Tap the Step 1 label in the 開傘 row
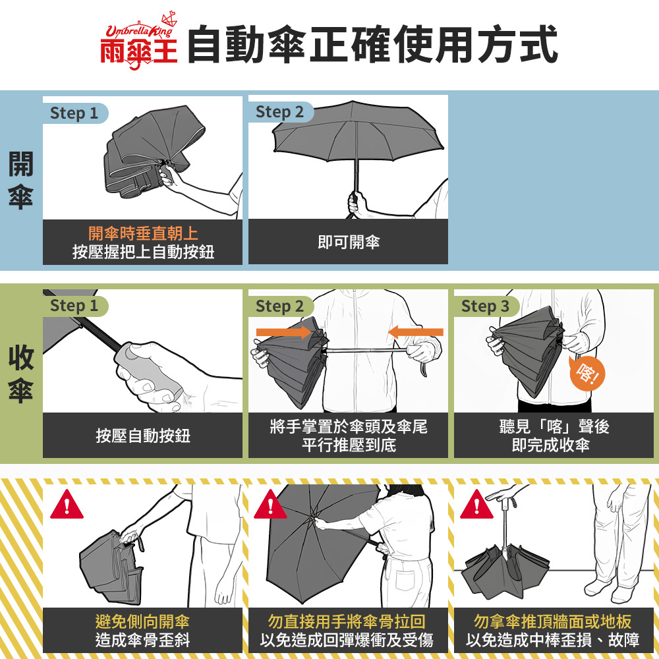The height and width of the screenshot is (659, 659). tap(74, 113)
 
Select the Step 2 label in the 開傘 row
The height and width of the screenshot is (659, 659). tap(279, 112)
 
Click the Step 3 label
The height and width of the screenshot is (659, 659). tap(485, 306)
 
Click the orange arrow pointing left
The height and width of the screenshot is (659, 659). tap(415, 332)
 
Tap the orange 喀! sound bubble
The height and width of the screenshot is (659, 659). tap(587, 373)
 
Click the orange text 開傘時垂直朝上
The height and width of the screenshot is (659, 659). tap(143, 233)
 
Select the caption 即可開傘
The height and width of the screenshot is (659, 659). tap(349, 242)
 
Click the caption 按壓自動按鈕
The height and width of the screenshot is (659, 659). tap(143, 436)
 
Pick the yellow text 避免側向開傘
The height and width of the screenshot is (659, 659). tap(142, 621)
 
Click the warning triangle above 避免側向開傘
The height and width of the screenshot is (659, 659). tap(67, 504)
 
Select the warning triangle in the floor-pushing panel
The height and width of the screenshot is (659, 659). tap(476, 504)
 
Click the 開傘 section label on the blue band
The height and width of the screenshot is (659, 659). tap(20, 181)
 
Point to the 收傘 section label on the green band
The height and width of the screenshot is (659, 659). tap(20, 374)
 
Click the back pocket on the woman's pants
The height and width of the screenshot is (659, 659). tap(405, 581)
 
